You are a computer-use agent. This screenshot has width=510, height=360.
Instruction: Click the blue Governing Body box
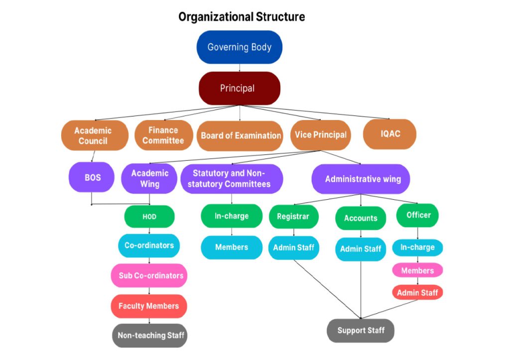(239, 47)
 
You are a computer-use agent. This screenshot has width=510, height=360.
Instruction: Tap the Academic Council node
(93, 135)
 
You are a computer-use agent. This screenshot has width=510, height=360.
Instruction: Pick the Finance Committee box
(163, 135)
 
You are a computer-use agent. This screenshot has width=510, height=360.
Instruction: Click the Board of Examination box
(240, 135)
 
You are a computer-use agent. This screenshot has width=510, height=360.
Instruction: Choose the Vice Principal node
(320, 135)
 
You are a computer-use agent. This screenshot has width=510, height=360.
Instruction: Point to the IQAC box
(389, 134)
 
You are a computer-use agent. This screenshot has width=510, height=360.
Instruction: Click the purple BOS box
(92, 177)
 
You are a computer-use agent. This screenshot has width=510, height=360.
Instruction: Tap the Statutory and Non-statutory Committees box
(231, 179)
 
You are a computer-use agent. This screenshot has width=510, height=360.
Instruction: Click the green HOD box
(149, 217)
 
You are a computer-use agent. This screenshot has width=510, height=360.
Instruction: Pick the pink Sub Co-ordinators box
(150, 275)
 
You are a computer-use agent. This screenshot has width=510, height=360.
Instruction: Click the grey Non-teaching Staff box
(150, 335)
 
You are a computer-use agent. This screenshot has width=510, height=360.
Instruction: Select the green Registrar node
(293, 217)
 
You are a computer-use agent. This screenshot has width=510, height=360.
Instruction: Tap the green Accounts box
(360, 218)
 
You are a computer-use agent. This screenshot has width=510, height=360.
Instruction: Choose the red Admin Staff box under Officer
(417, 293)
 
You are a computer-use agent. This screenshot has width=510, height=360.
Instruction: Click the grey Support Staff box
(361, 330)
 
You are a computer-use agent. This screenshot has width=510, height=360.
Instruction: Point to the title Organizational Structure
(242, 17)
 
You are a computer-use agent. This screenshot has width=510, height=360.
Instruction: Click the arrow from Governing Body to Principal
(240, 68)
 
